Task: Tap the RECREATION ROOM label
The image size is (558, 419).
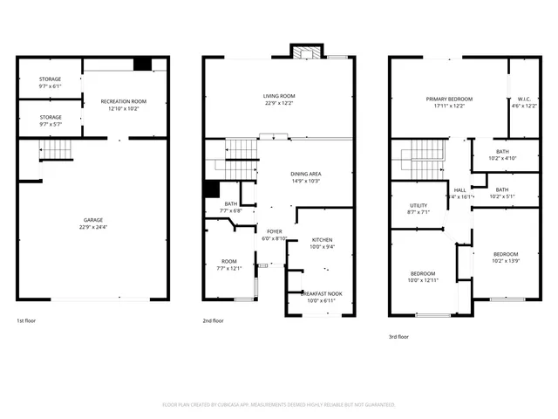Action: (x=123, y=102)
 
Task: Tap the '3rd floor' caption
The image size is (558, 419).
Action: (x=398, y=336)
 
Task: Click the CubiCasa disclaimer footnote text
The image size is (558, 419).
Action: (x=279, y=404)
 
